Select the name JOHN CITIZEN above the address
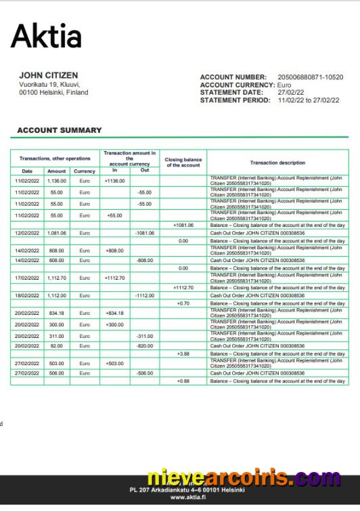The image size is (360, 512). click(x=48, y=75)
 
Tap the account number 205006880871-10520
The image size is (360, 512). click(x=311, y=77)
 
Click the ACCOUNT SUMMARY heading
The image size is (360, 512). click(x=60, y=130)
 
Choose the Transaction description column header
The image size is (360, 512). click(x=277, y=163)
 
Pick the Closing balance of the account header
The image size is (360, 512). click(x=183, y=163)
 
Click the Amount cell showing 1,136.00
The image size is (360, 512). click(x=57, y=181)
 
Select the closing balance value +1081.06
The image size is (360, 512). click(x=183, y=225)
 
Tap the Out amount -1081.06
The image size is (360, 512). click(x=145, y=233)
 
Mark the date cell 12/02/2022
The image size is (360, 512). click(x=28, y=233)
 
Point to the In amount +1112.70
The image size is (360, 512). click(x=115, y=278)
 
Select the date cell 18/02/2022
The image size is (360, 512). click(x=28, y=295)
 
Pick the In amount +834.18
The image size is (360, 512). click(x=115, y=313)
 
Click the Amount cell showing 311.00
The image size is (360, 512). click(x=57, y=336)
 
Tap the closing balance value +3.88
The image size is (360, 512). click(x=183, y=354)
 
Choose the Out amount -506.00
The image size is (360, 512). click(x=145, y=372)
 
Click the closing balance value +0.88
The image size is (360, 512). click(x=183, y=381)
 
